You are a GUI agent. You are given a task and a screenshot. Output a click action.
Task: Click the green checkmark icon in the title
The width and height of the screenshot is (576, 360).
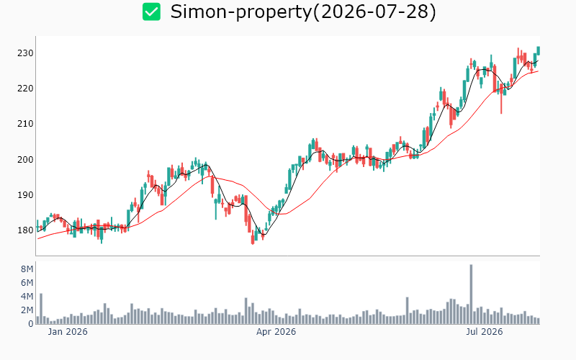151,12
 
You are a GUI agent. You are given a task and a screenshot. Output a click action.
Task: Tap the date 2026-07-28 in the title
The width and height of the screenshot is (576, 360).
374,12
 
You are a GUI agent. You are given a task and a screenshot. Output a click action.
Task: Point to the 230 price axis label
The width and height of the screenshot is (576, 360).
25,53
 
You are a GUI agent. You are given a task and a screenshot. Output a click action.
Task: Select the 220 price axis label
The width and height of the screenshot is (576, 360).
25,89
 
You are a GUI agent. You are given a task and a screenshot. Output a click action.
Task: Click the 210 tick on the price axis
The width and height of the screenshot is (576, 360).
25,124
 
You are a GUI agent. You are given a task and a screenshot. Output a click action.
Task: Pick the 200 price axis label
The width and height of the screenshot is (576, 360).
25,159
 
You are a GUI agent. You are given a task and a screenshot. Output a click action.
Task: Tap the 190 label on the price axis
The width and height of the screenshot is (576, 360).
25,194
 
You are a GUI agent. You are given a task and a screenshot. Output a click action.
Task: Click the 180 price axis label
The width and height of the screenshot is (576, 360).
25,230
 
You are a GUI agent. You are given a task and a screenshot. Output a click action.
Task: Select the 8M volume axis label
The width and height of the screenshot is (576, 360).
27,269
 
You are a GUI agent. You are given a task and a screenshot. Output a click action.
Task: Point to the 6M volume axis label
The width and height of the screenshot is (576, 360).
27,283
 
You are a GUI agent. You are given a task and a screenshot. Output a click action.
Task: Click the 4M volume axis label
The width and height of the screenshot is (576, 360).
27,297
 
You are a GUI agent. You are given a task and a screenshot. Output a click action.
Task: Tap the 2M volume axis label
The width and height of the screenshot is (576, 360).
27,310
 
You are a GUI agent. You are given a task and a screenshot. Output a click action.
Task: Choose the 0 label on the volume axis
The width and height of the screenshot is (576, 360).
31,324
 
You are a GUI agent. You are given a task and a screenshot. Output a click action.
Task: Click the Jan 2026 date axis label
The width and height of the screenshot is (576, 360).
68,332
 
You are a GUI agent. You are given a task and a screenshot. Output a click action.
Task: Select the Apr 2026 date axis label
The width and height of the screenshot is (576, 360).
276,332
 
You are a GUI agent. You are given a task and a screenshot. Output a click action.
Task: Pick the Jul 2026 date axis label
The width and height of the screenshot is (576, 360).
484,332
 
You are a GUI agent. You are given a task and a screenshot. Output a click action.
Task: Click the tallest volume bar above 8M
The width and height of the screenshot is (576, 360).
471,294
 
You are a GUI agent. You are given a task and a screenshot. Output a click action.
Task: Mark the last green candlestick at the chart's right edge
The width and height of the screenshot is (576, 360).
539,50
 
